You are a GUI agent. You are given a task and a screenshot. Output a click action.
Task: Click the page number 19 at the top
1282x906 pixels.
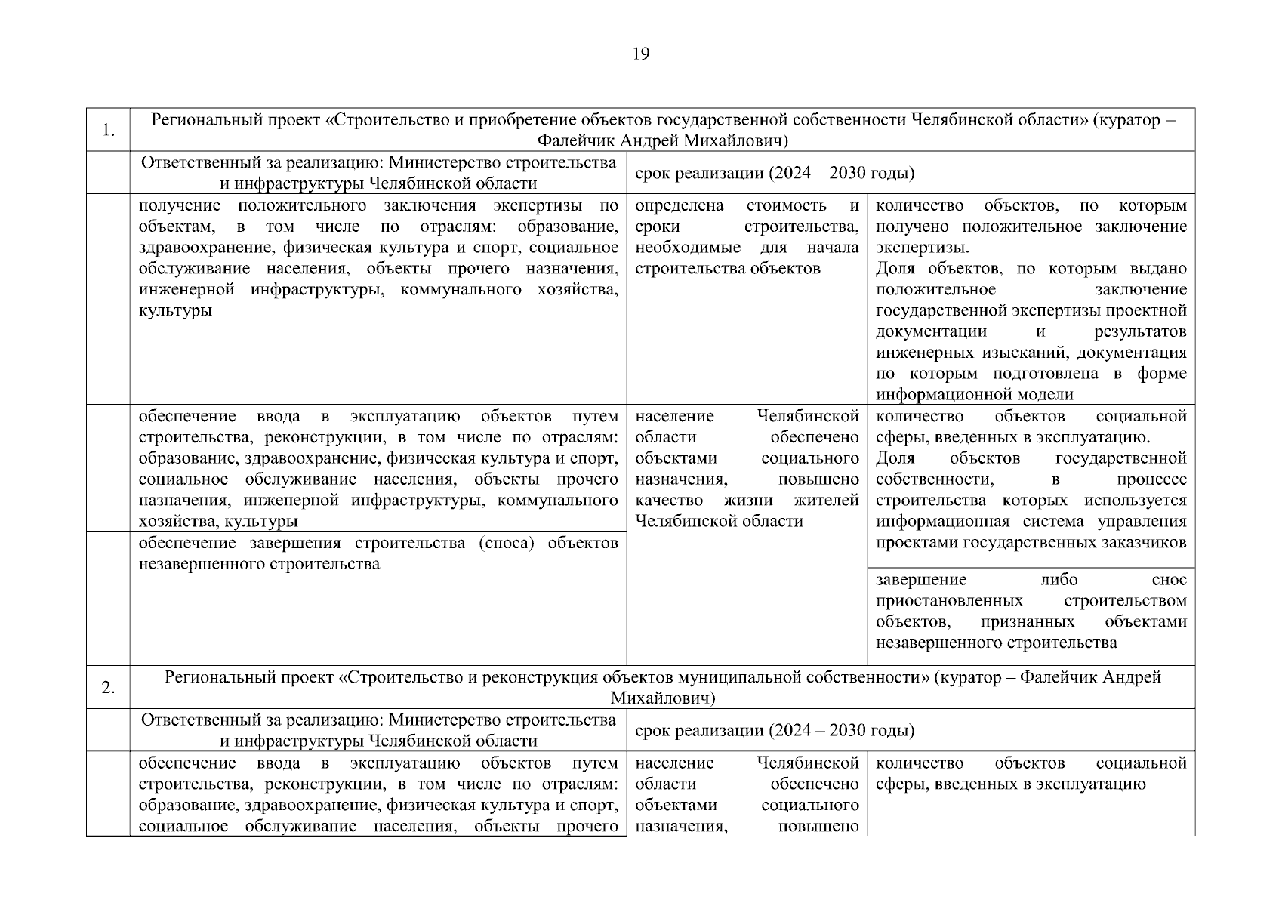[x=640, y=54]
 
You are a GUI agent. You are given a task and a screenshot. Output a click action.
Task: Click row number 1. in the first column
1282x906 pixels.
[x=108, y=131]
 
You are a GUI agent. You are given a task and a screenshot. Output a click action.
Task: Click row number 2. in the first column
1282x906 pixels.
[x=108, y=688]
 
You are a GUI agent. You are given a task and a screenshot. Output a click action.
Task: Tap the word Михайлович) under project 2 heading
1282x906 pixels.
[x=662, y=698]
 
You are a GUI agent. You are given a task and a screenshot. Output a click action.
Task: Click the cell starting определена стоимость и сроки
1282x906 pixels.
[x=747, y=237]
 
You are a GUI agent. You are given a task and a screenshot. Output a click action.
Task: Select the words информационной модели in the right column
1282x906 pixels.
[x=974, y=394]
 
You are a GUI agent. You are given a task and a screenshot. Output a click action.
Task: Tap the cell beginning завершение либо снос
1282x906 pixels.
[x=1031, y=612]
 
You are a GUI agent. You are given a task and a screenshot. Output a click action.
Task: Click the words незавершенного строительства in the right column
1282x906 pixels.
[x=996, y=643]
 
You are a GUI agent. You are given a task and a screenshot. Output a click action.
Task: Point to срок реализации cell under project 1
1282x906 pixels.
[x=774, y=174]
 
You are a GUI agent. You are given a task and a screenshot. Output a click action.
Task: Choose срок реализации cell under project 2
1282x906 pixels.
[x=774, y=731]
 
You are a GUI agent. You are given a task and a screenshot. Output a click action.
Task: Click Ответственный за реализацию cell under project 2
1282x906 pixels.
[x=378, y=731]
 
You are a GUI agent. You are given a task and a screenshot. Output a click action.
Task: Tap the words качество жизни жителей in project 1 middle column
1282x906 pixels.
[x=747, y=500]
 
